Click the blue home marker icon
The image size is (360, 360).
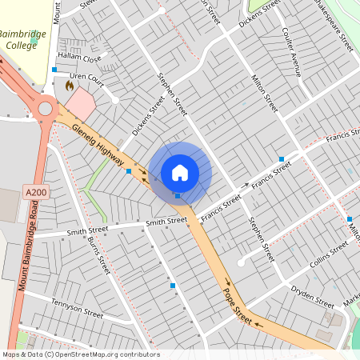180,172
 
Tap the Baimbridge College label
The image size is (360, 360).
22,40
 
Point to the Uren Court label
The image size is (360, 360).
86,79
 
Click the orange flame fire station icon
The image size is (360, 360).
70,83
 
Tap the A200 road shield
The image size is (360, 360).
35,193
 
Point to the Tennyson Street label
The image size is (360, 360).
77,308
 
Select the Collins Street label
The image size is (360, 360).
329,254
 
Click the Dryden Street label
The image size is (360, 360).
312,298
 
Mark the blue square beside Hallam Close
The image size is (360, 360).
54,70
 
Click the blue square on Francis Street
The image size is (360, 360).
281,158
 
